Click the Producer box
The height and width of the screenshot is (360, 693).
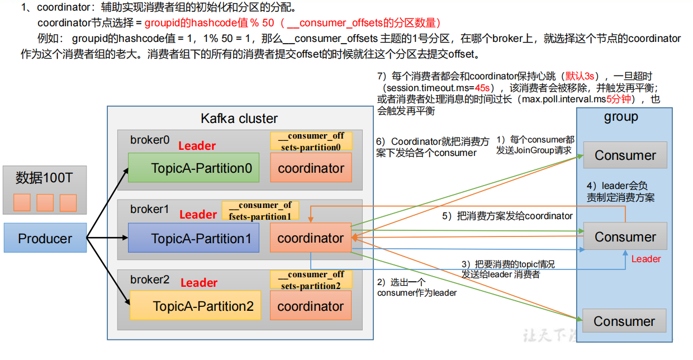point(45,238)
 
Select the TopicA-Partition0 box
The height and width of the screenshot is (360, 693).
point(194,168)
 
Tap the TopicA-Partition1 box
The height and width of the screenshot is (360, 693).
point(194,238)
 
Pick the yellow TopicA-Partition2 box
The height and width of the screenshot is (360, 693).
point(195,306)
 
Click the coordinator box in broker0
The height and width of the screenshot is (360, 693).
point(311,168)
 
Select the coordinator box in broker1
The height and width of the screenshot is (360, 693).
point(311,238)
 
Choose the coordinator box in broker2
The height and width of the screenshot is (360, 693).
point(311,306)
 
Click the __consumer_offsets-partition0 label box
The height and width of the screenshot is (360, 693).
point(311,141)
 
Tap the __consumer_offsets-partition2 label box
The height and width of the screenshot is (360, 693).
point(311,280)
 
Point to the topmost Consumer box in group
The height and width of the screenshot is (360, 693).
point(625,155)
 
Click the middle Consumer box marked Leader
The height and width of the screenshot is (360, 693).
point(625,236)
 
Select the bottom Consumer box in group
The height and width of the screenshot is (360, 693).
point(624,321)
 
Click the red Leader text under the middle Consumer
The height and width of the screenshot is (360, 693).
point(645,259)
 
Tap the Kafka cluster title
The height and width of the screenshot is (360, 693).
point(239,119)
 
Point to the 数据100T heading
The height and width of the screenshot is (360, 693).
point(44,178)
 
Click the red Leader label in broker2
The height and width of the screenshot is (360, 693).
point(198,283)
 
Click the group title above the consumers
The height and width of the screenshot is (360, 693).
point(621,117)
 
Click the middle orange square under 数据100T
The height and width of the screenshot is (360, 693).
point(45,202)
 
